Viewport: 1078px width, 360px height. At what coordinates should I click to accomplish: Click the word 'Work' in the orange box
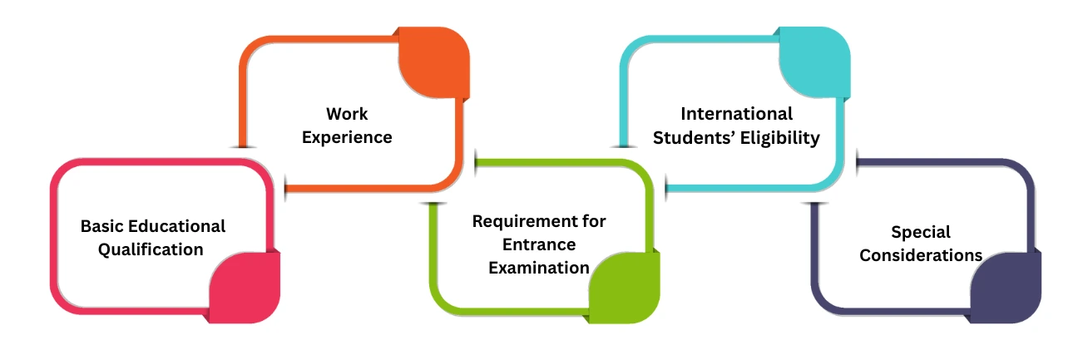(x=347, y=113)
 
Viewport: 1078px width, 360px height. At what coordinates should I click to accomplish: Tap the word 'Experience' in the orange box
(x=347, y=137)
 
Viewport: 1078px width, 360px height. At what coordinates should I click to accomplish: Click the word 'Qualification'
(x=151, y=249)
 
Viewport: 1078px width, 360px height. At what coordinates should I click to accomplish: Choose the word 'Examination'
(x=539, y=268)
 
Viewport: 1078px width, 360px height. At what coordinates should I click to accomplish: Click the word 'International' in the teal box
(x=736, y=113)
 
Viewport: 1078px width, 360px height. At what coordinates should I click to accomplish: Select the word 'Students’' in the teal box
(x=690, y=138)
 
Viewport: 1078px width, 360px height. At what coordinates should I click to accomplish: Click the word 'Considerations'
(x=920, y=255)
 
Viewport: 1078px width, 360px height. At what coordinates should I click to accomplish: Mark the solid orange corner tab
(x=435, y=63)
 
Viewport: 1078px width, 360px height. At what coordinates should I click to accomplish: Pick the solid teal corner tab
(x=815, y=63)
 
